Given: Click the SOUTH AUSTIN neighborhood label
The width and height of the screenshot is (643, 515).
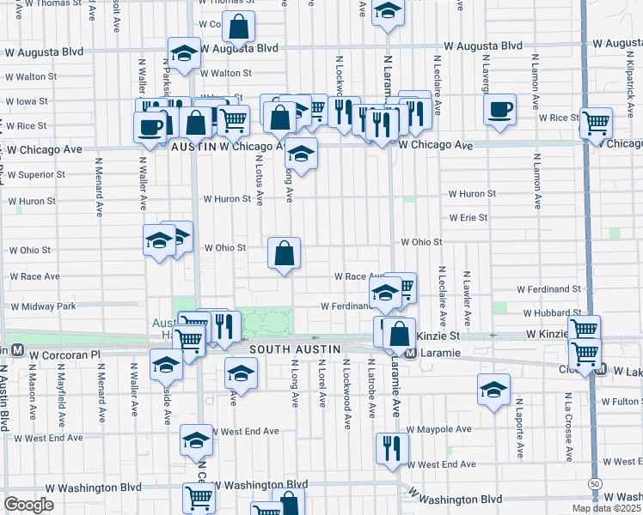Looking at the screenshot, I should (x=296, y=350).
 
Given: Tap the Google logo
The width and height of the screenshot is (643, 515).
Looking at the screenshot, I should (x=28, y=505).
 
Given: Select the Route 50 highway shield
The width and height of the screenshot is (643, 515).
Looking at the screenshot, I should (x=595, y=484).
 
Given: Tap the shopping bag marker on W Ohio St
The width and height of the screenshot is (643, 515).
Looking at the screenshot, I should (x=284, y=253).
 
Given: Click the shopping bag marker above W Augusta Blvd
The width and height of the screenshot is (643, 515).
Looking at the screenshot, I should (x=240, y=27).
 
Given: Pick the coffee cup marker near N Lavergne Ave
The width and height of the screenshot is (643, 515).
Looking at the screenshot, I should (x=499, y=109).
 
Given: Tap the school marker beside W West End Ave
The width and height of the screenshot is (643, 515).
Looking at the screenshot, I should (x=197, y=440).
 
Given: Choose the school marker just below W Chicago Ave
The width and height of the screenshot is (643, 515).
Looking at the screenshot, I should (x=301, y=154).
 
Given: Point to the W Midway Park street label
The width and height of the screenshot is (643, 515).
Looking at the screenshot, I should (x=42, y=306).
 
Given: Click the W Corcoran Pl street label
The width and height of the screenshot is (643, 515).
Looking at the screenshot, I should (x=65, y=354).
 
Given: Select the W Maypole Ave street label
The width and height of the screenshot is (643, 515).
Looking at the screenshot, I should (x=439, y=428).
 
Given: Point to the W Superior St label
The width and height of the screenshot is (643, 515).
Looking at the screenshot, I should (x=36, y=174).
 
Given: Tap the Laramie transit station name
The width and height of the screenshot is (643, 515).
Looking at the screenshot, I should (x=439, y=353).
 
